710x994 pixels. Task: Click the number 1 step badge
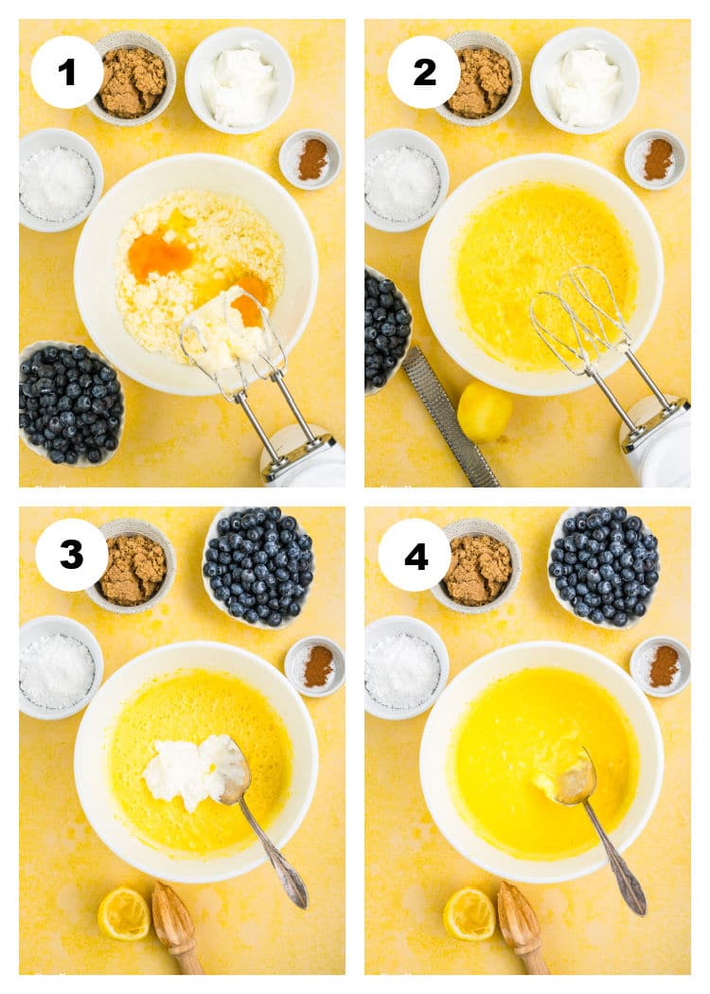[66, 72]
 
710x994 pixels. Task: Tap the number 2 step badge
[424, 72]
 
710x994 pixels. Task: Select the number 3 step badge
[72, 555]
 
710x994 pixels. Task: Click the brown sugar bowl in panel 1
[131, 79]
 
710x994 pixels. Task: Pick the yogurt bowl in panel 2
[584, 80]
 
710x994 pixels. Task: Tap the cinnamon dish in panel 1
[310, 159]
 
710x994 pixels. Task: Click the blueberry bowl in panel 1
[71, 403]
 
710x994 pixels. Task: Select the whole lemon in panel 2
[485, 412]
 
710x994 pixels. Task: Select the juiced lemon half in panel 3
[124, 914]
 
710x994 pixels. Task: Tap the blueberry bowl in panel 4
[604, 567]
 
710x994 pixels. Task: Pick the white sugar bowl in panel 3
[61, 667]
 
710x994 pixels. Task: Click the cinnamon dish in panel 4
[661, 666]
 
